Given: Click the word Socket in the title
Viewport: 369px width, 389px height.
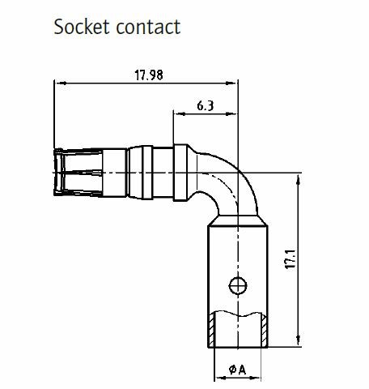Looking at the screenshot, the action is pyautogui.click(x=82, y=27).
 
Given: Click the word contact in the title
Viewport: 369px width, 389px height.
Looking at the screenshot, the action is pyautogui.click(x=148, y=27).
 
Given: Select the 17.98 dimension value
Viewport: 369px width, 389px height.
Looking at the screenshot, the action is pyautogui.click(x=149, y=75).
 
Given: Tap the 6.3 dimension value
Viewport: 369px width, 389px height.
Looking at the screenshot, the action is pyautogui.click(x=206, y=105).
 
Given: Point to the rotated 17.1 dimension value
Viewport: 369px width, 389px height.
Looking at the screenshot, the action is pyautogui.click(x=291, y=259).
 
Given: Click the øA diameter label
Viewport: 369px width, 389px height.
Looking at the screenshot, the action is pyautogui.click(x=237, y=370).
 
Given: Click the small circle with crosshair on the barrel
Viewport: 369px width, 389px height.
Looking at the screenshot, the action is pyautogui.click(x=238, y=285).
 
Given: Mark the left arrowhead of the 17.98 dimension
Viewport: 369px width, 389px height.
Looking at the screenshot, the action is pyautogui.click(x=61, y=83).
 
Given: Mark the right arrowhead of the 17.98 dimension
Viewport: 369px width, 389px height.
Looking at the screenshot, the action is pyautogui.click(x=231, y=83).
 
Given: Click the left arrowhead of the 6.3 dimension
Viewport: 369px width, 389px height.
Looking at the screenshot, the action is pyautogui.click(x=180, y=113).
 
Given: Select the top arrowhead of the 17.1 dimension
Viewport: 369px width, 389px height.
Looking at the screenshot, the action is pyautogui.click(x=298, y=180).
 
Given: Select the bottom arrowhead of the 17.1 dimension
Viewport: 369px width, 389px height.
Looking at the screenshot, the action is pyautogui.click(x=298, y=340).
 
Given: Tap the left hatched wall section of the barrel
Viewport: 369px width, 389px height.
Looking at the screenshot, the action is pyautogui.click(x=211, y=330).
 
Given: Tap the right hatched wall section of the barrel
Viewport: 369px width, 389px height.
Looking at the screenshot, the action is pyautogui.click(x=265, y=330).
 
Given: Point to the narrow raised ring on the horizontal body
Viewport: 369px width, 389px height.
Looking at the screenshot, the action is pyautogui.click(x=147, y=173).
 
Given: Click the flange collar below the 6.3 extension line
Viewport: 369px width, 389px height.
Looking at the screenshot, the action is pyautogui.click(x=180, y=173).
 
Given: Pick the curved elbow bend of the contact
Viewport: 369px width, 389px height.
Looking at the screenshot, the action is pyautogui.click(x=229, y=184).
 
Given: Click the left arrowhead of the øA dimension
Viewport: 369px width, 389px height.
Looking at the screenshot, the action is pyautogui.click(x=220, y=378).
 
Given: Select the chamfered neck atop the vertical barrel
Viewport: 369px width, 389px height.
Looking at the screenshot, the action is pyautogui.click(x=238, y=220).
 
